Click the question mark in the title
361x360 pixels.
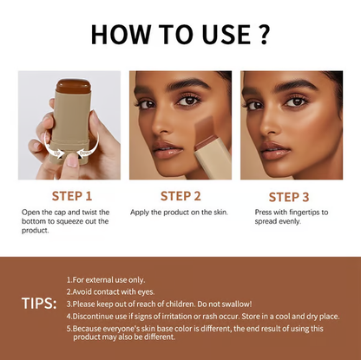[265, 34]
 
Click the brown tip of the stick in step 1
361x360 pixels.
[73, 85]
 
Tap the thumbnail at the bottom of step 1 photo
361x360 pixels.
[72, 159]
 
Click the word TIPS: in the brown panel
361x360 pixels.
[38, 304]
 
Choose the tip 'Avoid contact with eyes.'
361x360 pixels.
[110, 291]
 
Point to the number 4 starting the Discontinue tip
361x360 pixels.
[69, 316]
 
